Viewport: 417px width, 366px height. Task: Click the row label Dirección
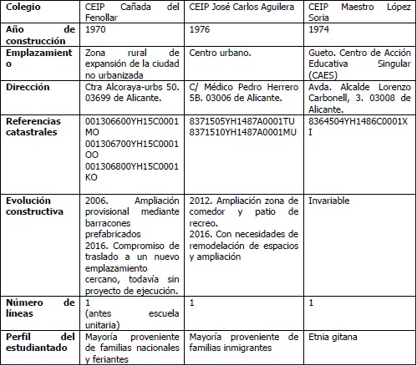[28, 86]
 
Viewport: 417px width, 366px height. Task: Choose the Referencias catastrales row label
[33, 126]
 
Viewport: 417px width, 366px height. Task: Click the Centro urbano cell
[220, 52]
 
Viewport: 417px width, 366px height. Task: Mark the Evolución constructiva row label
[34, 206]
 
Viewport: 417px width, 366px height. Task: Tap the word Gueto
[323, 52]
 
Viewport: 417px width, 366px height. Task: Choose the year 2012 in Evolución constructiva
[201, 201]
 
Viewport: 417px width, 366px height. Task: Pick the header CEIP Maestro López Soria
[357, 11]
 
